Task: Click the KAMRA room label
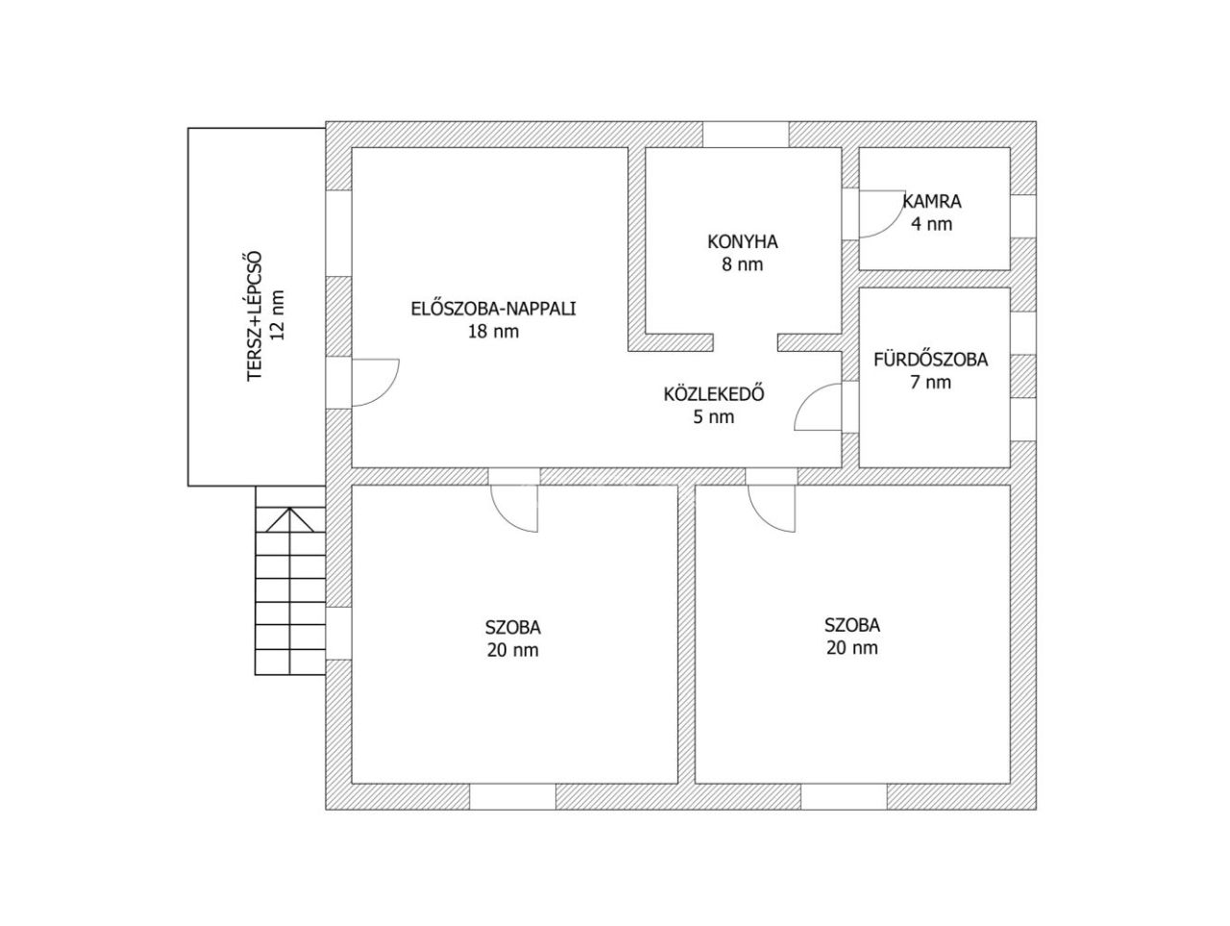click(931, 201)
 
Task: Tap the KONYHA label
click(743, 241)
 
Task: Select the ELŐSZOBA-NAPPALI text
click(493, 309)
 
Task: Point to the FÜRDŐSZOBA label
click(931, 359)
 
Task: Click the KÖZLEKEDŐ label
click(714, 393)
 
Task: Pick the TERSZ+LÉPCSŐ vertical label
click(255, 316)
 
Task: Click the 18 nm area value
click(493, 332)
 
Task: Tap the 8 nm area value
click(743, 264)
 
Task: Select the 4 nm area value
click(931, 224)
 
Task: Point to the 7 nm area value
click(931, 383)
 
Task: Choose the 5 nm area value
click(714, 417)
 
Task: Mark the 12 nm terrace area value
click(278, 315)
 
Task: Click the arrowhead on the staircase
click(289, 519)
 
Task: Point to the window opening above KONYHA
click(746, 135)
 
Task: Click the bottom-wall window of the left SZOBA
click(512, 796)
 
